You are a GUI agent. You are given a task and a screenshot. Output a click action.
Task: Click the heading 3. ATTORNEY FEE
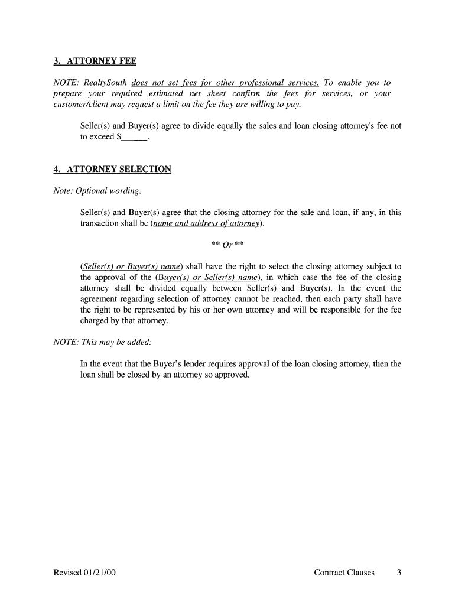tap(95, 61)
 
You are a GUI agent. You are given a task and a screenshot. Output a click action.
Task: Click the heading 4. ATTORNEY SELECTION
tap(112, 170)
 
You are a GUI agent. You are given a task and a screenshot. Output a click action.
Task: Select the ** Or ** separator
tap(227, 244)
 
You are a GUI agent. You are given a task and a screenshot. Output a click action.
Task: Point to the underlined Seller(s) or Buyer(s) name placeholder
tap(132, 266)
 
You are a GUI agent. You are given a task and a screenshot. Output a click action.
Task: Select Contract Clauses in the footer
tap(344, 573)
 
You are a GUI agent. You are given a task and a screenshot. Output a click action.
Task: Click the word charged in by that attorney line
tap(96, 321)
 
